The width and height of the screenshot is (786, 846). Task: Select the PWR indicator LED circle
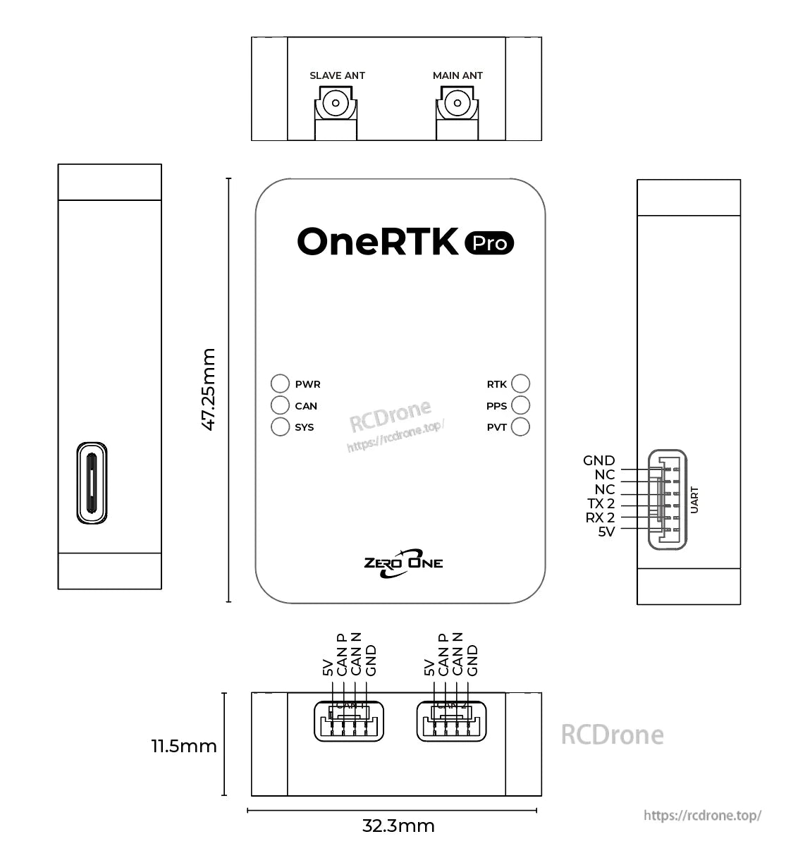click(x=281, y=384)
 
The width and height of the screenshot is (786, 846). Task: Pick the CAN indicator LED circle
click(x=281, y=405)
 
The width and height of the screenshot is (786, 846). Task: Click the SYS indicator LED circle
click(x=281, y=427)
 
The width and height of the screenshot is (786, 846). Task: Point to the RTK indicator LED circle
click(x=520, y=384)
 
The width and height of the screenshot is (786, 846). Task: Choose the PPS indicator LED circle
click(x=520, y=405)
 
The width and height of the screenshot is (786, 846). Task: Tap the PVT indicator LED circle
click(x=520, y=427)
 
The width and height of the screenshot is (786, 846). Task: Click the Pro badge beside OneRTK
click(x=490, y=243)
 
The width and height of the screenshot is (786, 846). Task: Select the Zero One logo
click(x=403, y=563)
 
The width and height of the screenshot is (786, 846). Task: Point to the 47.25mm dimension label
click(x=209, y=389)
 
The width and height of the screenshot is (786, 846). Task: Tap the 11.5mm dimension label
click(x=184, y=746)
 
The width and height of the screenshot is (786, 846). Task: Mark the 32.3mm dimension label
click(x=398, y=826)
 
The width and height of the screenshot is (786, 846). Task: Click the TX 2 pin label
click(x=601, y=503)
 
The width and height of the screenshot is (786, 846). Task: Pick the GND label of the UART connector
click(x=598, y=460)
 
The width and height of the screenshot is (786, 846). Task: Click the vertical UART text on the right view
click(x=694, y=500)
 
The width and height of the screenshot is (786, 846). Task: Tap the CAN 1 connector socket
click(x=349, y=721)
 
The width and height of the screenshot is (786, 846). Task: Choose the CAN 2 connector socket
click(x=451, y=721)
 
